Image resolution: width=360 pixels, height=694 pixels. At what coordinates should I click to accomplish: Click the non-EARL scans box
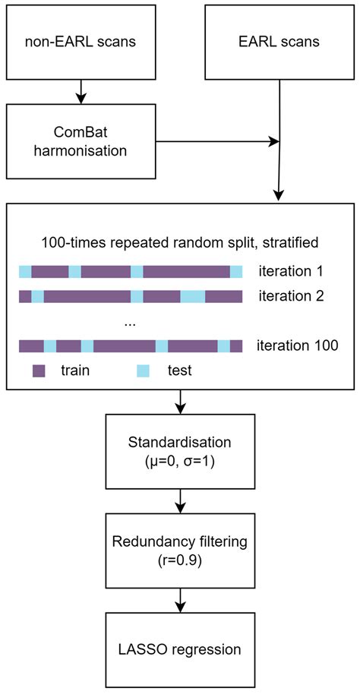coord(81,41)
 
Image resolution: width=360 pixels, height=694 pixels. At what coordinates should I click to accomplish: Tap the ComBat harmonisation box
coord(81,140)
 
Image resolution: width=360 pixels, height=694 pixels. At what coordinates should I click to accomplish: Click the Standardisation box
coord(180,452)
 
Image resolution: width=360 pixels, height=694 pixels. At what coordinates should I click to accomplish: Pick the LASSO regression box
coord(180,649)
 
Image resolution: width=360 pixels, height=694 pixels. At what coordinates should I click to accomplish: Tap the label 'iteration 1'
coord(292,271)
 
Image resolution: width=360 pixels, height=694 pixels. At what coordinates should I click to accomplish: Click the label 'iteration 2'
coord(292,296)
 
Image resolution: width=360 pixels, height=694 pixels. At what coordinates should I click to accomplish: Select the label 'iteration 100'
coord(298,345)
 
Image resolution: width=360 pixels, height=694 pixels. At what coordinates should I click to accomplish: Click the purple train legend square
coord(39,371)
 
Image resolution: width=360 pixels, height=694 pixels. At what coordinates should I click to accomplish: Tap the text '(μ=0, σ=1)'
coord(180,460)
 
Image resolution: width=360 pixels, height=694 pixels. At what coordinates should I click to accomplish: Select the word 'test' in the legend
coord(179,371)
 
